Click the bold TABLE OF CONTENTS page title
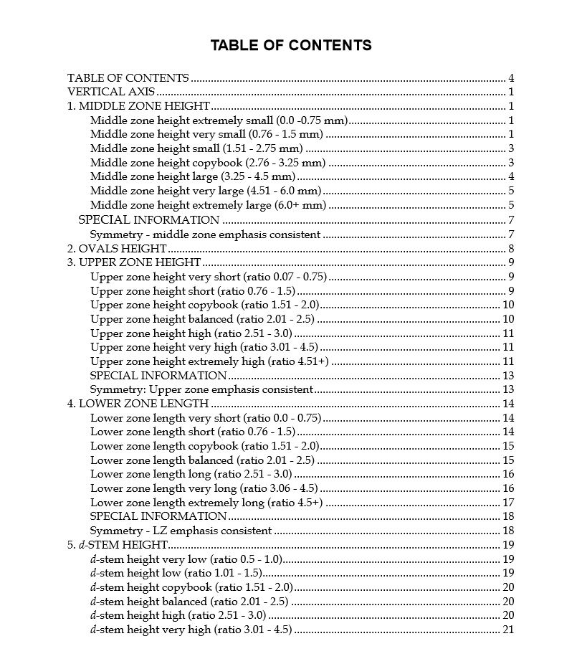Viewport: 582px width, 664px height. (290, 46)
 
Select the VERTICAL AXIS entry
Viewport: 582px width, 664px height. (111, 93)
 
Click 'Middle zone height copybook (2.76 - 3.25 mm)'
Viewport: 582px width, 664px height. (208, 163)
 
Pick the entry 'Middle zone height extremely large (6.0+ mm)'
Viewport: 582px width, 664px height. (208, 205)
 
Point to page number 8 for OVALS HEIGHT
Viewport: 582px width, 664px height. (511, 248)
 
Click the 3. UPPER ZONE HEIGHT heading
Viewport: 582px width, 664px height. (134, 262)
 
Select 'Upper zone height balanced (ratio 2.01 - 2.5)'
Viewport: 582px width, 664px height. (202, 319)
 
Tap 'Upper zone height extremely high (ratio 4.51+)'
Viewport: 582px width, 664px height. (209, 361)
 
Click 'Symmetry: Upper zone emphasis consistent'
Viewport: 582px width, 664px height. (201, 389)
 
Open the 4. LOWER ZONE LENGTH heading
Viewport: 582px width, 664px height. (138, 404)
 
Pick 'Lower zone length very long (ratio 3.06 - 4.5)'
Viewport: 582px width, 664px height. (204, 488)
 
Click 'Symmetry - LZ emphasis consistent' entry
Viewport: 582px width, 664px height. (181, 531)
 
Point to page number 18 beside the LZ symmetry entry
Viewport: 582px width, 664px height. (508, 531)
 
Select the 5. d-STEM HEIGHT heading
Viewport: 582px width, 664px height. (118, 545)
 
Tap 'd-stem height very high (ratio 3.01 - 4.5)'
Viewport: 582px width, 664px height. (191, 630)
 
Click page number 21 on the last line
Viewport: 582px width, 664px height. (508, 630)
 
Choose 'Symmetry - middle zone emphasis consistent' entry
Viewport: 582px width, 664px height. (205, 234)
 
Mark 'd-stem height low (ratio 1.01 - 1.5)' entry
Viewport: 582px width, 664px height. (176, 573)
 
